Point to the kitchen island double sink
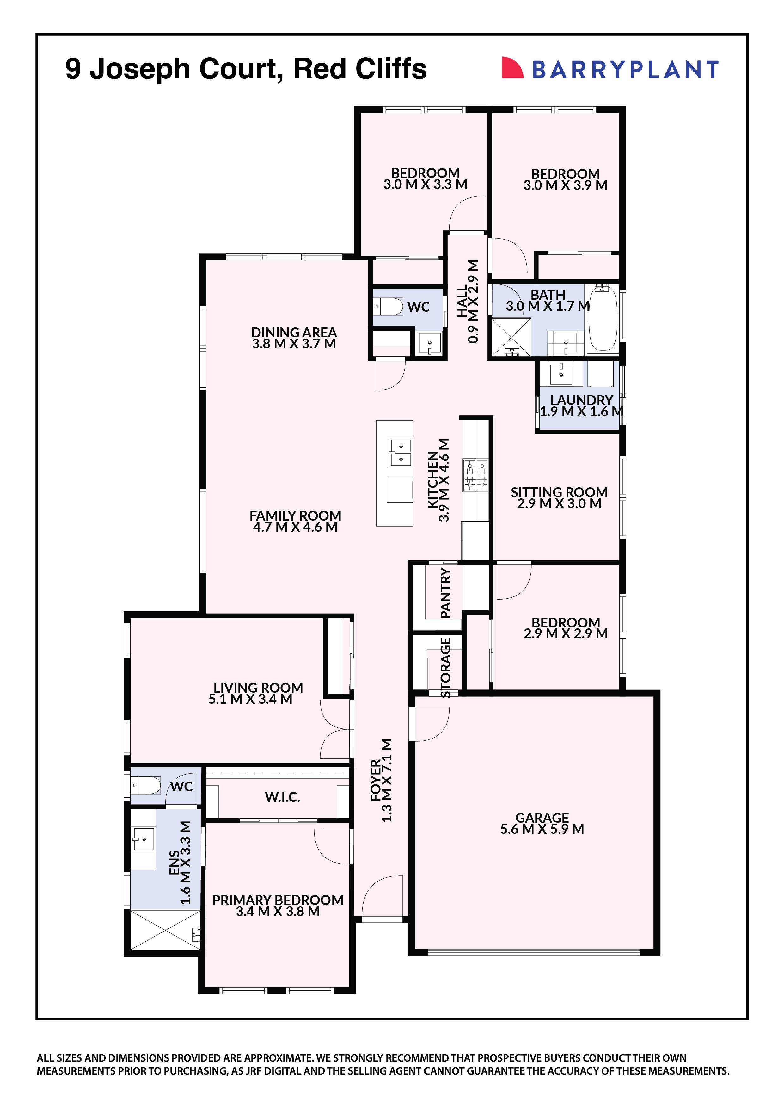tap(400, 453)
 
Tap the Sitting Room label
tap(559, 492)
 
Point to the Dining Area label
tap(294, 332)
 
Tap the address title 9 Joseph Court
tap(245, 69)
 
